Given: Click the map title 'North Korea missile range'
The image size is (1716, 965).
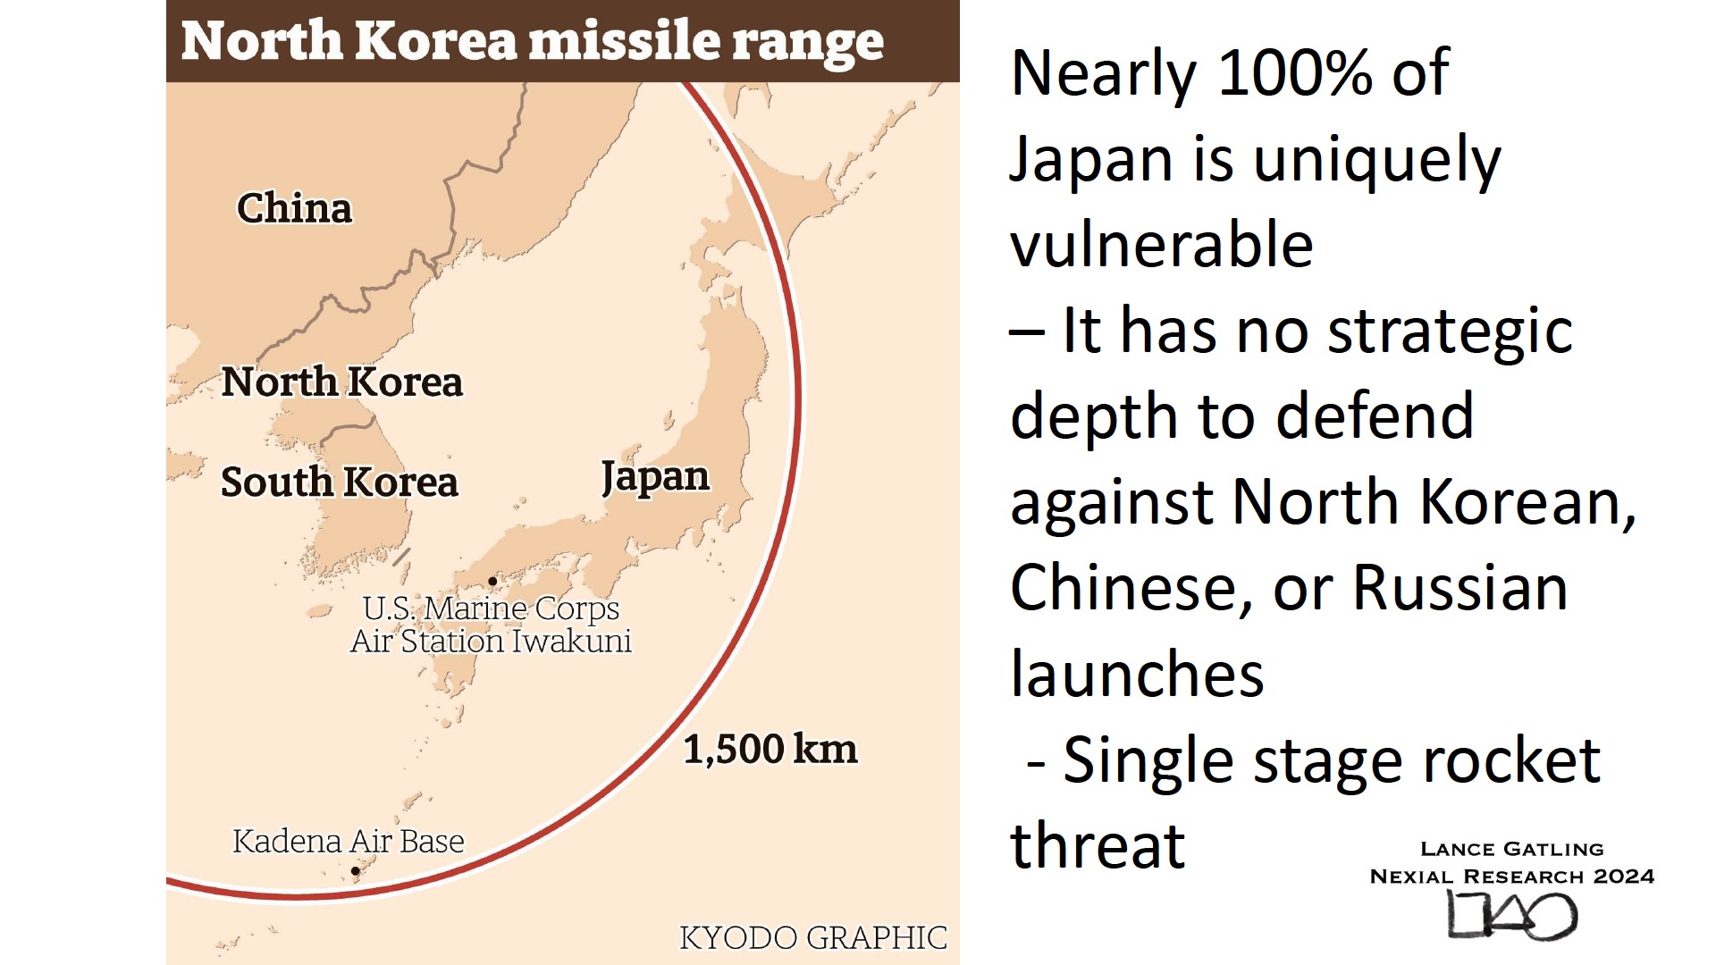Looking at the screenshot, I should [x=533, y=41].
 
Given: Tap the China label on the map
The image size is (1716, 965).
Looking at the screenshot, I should [x=294, y=208].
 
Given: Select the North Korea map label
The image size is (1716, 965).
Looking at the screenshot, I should [x=341, y=382].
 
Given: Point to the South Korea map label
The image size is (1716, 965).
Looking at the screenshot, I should [x=339, y=482].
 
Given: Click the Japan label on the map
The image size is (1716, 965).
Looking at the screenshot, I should [x=655, y=477].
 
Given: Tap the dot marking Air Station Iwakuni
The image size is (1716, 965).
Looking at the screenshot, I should [x=492, y=581].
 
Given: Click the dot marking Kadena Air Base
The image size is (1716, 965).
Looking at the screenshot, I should [x=356, y=870].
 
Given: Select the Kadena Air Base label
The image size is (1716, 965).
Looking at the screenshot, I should [x=348, y=842].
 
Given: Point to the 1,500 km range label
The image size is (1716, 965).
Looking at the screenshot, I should [x=770, y=749].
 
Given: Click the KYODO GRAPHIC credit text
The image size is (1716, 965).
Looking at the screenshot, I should [x=812, y=937].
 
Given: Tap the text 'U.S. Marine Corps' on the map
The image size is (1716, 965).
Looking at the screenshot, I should [x=491, y=608].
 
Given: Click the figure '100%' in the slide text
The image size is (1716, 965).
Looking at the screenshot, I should [x=1295, y=73].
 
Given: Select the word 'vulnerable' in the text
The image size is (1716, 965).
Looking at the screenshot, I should [x=1161, y=245].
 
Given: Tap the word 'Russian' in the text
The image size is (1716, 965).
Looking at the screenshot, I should [x=1459, y=588].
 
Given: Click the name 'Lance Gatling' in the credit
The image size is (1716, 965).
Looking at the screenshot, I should [x=1511, y=849].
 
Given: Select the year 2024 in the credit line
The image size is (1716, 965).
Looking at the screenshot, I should [x=1624, y=877].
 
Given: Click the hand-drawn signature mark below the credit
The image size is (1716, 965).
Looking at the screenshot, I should [x=1511, y=916].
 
